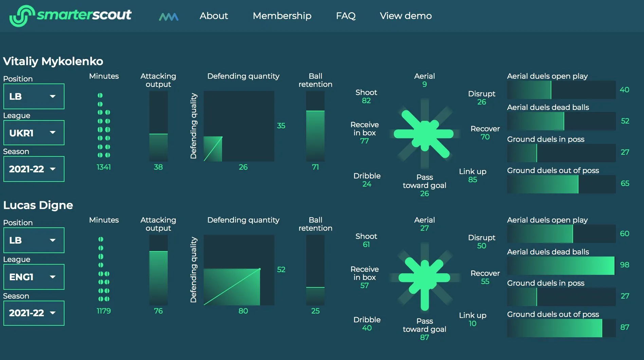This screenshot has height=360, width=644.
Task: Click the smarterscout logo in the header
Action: pyautogui.click(x=70, y=16)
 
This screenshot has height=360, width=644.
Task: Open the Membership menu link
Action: pyautogui.click(x=282, y=16)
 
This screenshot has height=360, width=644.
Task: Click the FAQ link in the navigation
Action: pyautogui.click(x=346, y=16)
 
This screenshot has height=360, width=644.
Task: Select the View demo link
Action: pyautogui.click(x=406, y=16)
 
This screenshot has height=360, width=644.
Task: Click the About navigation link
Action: pyautogui.click(x=214, y=16)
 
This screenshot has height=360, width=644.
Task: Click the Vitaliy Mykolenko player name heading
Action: pyautogui.click(x=53, y=61)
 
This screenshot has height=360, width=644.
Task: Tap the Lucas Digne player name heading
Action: pyautogui.click(x=38, y=205)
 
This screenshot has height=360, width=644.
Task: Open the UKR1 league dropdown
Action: pyautogui.click(x=34, y=133)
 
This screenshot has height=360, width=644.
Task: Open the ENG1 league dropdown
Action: pyautogui.click(x=34, y=277)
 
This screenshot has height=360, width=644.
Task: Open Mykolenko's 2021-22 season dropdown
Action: pyautogui.click(x=34, y=169)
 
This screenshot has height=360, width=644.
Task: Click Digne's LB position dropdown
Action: pyautogui.click(x=34, y=240)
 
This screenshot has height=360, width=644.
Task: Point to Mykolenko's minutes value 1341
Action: pyautogui.click(x=104, y=167)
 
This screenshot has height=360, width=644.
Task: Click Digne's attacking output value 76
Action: pyautogui.click(x=158, y=311)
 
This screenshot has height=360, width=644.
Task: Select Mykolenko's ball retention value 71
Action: pyautogui.click(x=315, y=167)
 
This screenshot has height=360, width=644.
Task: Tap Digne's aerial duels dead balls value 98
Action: pyautogui.click(x=624, y=265)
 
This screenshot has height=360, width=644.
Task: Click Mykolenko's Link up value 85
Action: pyautogui.click(x=473, y=179)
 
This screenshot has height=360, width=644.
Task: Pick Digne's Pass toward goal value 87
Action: pyautogui.click(x=424, y=337)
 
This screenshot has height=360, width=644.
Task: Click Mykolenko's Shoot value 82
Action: pyautogui.click(x=366, y=100)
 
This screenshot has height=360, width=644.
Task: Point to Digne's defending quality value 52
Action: pyautogui.click(x=281, y=269)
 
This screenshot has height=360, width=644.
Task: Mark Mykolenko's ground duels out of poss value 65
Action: pyautogui.click(x=625, y=183)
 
